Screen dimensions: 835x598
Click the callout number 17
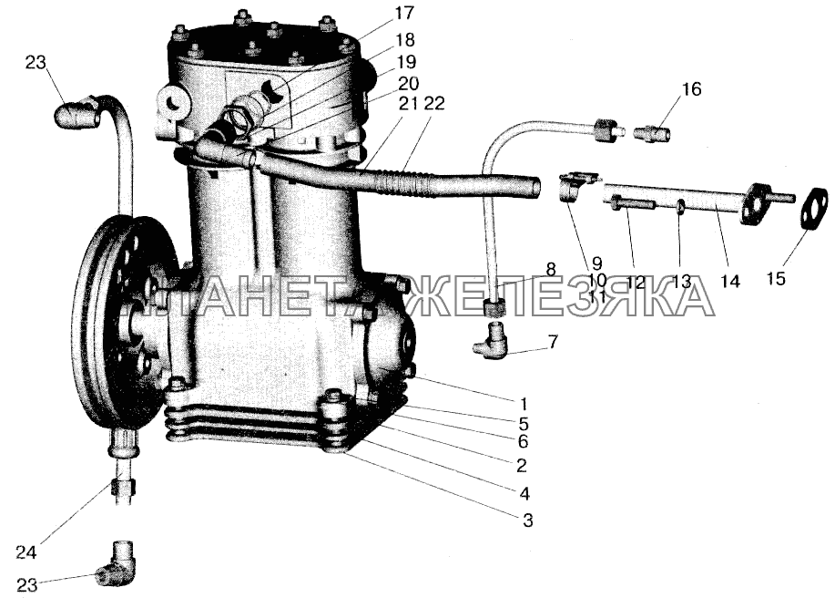[x=404, y=13]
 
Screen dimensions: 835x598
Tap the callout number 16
[x=692, y=89]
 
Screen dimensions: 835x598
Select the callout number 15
[x=777, y=278]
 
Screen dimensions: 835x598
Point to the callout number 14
[x=730, y=281]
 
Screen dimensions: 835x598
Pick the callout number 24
[x=25, y=552]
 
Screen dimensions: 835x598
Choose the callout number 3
[x=527, y=520]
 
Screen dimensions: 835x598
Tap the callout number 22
[x=434, y=103]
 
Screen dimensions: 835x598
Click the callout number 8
[x=551, y=270]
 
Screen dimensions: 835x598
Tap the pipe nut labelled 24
[x=124, y=487]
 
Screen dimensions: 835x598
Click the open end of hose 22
[x=535, y=188]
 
